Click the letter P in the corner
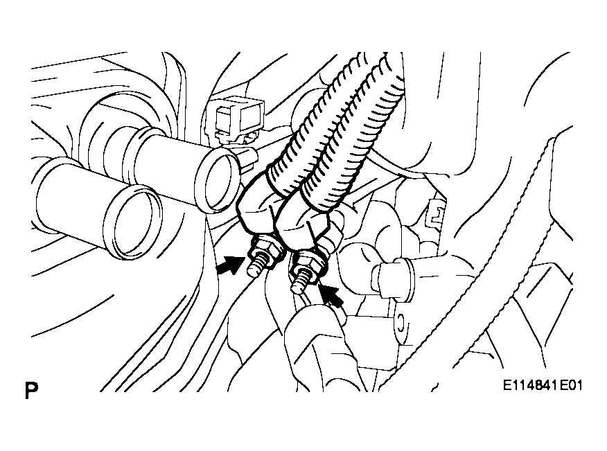pos(31,390)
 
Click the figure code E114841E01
pos(543,385)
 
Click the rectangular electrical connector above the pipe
pos(236,116)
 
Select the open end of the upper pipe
pos(218,181)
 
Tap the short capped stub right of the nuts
pos(391,277)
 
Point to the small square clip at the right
pos(435,215)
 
